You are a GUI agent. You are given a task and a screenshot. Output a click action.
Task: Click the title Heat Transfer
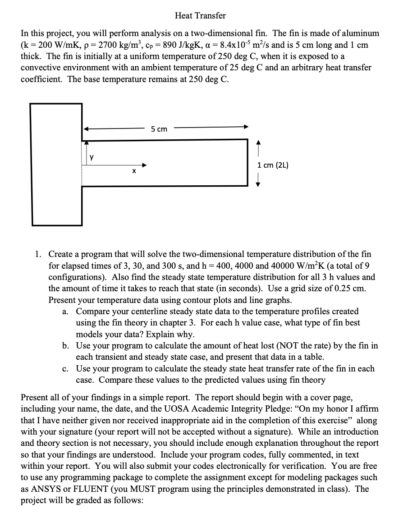point(200,16)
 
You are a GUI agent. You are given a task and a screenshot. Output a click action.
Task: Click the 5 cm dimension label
point(159,129)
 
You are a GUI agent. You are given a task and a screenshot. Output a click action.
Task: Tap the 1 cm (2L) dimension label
point(273,165)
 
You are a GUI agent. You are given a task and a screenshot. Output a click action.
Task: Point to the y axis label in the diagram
point(92,157)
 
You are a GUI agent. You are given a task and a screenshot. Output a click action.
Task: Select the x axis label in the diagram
point(133,171)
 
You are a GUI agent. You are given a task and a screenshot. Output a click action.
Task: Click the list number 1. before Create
point(39,255)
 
